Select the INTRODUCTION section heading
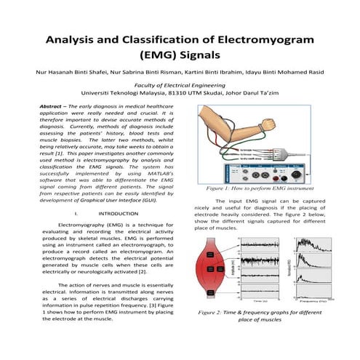(118, 214)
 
